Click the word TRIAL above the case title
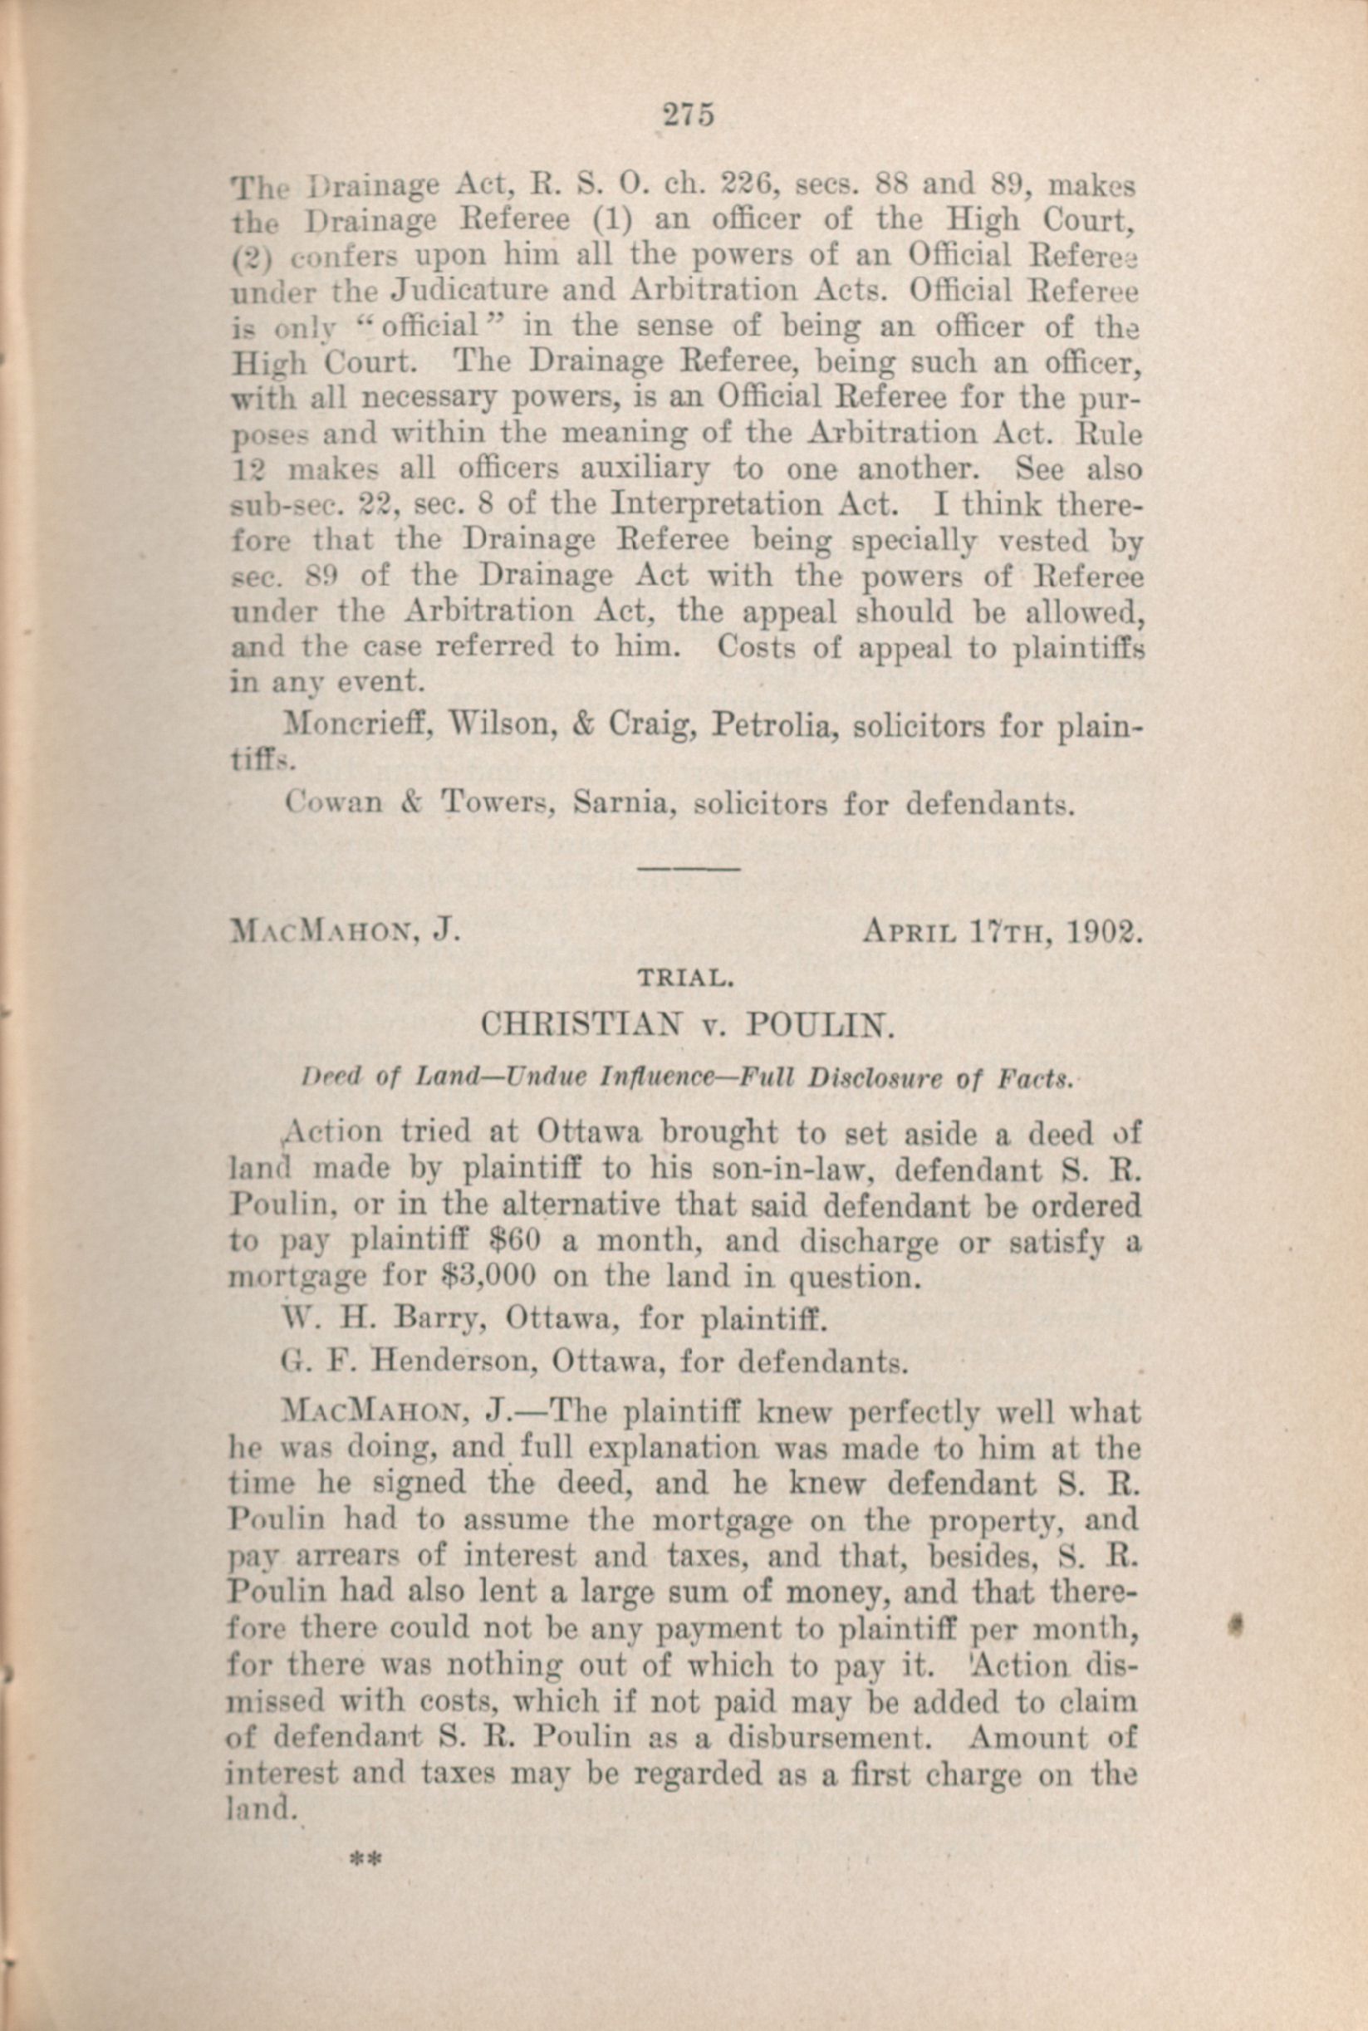(x=685, y=979)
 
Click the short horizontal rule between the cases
(x=689, y=869)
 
